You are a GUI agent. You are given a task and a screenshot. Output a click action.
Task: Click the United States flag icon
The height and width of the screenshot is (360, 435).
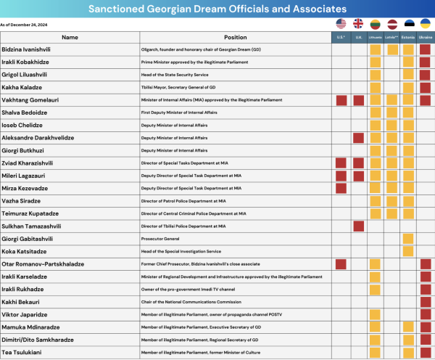click(x=341, y=23)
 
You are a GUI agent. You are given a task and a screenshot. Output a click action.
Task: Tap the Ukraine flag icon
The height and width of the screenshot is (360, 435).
click(x=426, y=23)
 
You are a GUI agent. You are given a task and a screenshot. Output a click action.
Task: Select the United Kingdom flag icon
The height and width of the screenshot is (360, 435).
click(x=358, y=23)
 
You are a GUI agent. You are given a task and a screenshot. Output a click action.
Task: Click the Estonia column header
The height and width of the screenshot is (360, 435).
click(x=408, y=36)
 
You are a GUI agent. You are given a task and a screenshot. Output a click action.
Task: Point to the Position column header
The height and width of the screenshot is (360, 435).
click(x=235, y=36)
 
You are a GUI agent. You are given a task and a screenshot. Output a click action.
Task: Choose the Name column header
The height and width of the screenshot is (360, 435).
click(x=70, y=36)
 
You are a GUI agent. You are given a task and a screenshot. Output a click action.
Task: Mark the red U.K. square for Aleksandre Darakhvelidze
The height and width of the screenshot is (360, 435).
click(x=358, y=137)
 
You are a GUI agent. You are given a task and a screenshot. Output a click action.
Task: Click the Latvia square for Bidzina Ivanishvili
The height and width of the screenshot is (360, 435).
click(x=392, y=49)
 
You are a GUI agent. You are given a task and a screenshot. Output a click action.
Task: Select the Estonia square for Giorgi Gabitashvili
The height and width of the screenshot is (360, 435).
click(x=408, y=238)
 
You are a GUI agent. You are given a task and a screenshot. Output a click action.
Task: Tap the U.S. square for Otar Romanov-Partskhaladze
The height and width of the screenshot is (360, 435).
click(x=341, y=263)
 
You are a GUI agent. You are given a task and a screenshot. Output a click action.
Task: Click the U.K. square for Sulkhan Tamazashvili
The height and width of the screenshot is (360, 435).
click(x=358, y=226)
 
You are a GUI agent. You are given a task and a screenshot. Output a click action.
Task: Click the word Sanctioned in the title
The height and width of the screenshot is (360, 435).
click(x=119, y=9)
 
